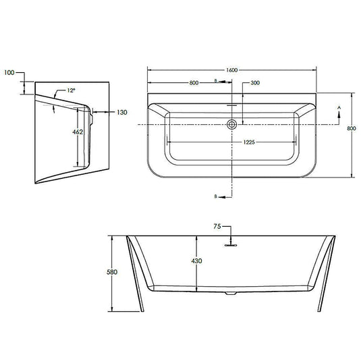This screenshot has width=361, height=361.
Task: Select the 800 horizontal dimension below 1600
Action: [x=194, y=82]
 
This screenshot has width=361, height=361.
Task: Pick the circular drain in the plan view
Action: [x=232, y=124]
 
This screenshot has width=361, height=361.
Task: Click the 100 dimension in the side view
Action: [x=8, y=72]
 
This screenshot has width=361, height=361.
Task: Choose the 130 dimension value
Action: [x=121, y=112]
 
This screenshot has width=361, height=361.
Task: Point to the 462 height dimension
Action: [x=77, y=132]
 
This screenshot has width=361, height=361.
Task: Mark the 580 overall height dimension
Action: [x=112, y=272]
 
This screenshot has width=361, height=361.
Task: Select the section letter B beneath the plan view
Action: [x=215, y=196]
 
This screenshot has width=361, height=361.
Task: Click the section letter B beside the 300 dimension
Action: [x=215, y=82]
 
